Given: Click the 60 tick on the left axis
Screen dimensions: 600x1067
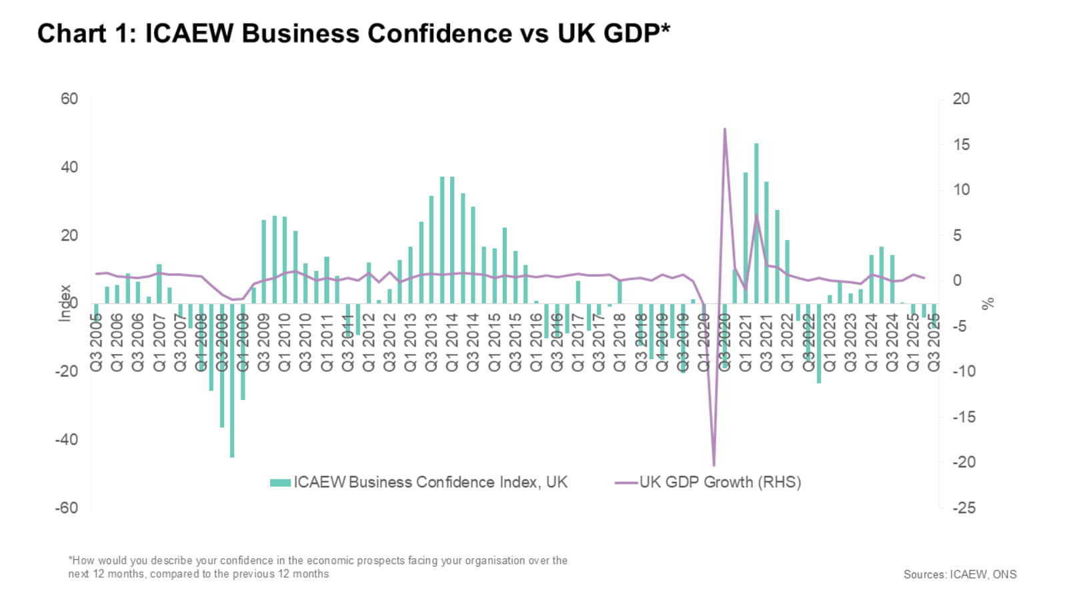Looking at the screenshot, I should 69,99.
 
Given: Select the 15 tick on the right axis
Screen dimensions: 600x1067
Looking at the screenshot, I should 961,145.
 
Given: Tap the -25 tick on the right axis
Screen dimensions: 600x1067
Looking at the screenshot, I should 964,507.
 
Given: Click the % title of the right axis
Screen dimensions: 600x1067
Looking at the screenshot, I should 988,303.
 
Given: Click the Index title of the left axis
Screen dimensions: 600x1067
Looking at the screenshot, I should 65,303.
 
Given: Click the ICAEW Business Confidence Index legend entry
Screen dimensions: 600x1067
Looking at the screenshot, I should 419,482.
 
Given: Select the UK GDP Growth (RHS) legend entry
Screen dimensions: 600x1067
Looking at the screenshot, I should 708,482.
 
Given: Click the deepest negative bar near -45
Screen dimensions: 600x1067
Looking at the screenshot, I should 232,380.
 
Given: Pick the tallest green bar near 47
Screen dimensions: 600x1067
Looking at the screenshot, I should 756,223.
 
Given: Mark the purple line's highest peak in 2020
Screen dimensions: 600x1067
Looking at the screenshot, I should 725,129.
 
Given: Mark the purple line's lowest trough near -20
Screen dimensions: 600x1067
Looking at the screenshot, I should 714,465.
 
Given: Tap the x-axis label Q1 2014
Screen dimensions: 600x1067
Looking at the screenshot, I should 452,342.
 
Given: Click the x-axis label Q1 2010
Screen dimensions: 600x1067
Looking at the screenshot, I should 285,342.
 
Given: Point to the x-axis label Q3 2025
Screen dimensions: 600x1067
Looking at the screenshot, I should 934,342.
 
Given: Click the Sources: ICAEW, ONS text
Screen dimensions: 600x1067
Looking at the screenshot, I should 960,574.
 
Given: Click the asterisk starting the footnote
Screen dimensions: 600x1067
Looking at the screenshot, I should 70,559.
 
